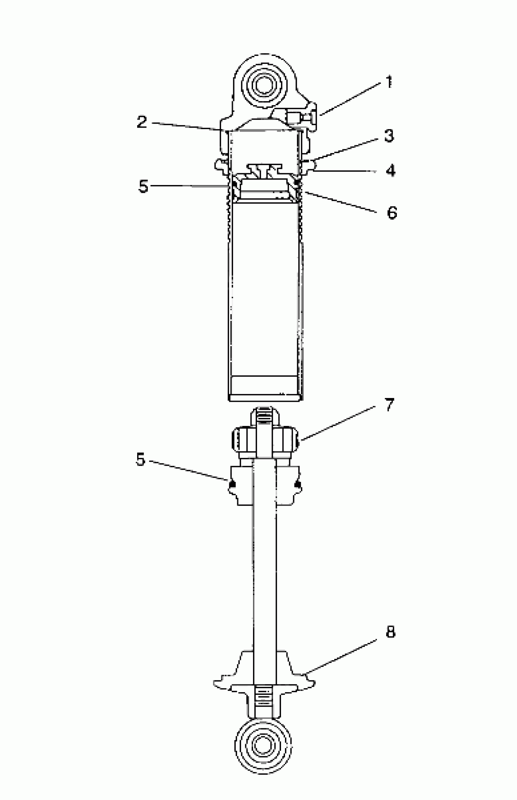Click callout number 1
389,82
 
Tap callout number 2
142,122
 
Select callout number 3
389,136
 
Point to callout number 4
390,170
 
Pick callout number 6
392,213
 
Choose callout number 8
390,632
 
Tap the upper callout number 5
143,186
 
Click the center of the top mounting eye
263,85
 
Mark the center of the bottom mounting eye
263,745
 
